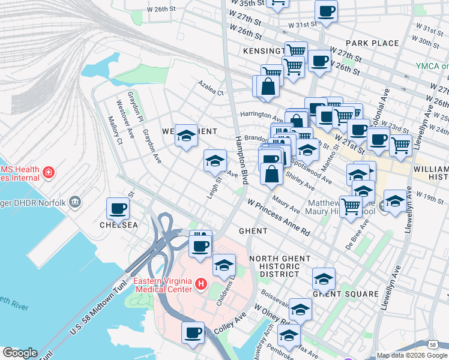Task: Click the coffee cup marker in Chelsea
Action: [118, 209]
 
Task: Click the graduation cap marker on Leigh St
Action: [215, 161]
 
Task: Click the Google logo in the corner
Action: [19, 353]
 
